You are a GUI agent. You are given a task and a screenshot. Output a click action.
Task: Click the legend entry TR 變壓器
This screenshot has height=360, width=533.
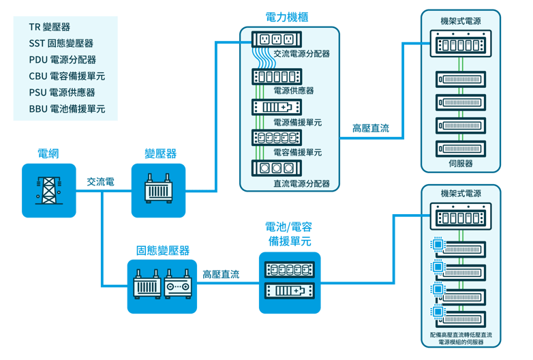50,27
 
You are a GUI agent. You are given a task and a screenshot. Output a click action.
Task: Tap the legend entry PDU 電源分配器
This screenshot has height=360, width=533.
63,60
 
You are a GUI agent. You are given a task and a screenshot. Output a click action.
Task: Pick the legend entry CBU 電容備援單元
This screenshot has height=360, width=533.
67,76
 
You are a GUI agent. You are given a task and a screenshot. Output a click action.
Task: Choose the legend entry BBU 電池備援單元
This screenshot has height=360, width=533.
67,109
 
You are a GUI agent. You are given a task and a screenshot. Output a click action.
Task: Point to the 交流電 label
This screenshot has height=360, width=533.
100,182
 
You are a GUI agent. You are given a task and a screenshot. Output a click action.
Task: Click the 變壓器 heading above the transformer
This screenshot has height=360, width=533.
159,153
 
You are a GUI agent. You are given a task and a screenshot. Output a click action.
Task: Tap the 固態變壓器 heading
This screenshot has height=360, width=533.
162,250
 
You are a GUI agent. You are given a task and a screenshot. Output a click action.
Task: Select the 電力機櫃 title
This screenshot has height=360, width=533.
290,16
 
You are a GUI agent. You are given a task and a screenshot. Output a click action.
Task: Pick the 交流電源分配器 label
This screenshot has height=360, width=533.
301,53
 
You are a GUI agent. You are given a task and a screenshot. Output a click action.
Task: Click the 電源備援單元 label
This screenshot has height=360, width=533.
297,123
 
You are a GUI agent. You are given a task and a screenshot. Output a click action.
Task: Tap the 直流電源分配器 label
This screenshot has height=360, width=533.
301,183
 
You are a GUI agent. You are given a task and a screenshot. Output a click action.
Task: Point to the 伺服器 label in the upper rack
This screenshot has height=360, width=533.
460,164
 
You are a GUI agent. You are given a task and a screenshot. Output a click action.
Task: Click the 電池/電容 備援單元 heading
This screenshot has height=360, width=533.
290,234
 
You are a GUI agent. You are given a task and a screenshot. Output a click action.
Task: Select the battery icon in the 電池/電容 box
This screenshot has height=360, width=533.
290,291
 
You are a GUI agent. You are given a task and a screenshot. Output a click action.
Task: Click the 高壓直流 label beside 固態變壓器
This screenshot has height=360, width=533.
220,274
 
